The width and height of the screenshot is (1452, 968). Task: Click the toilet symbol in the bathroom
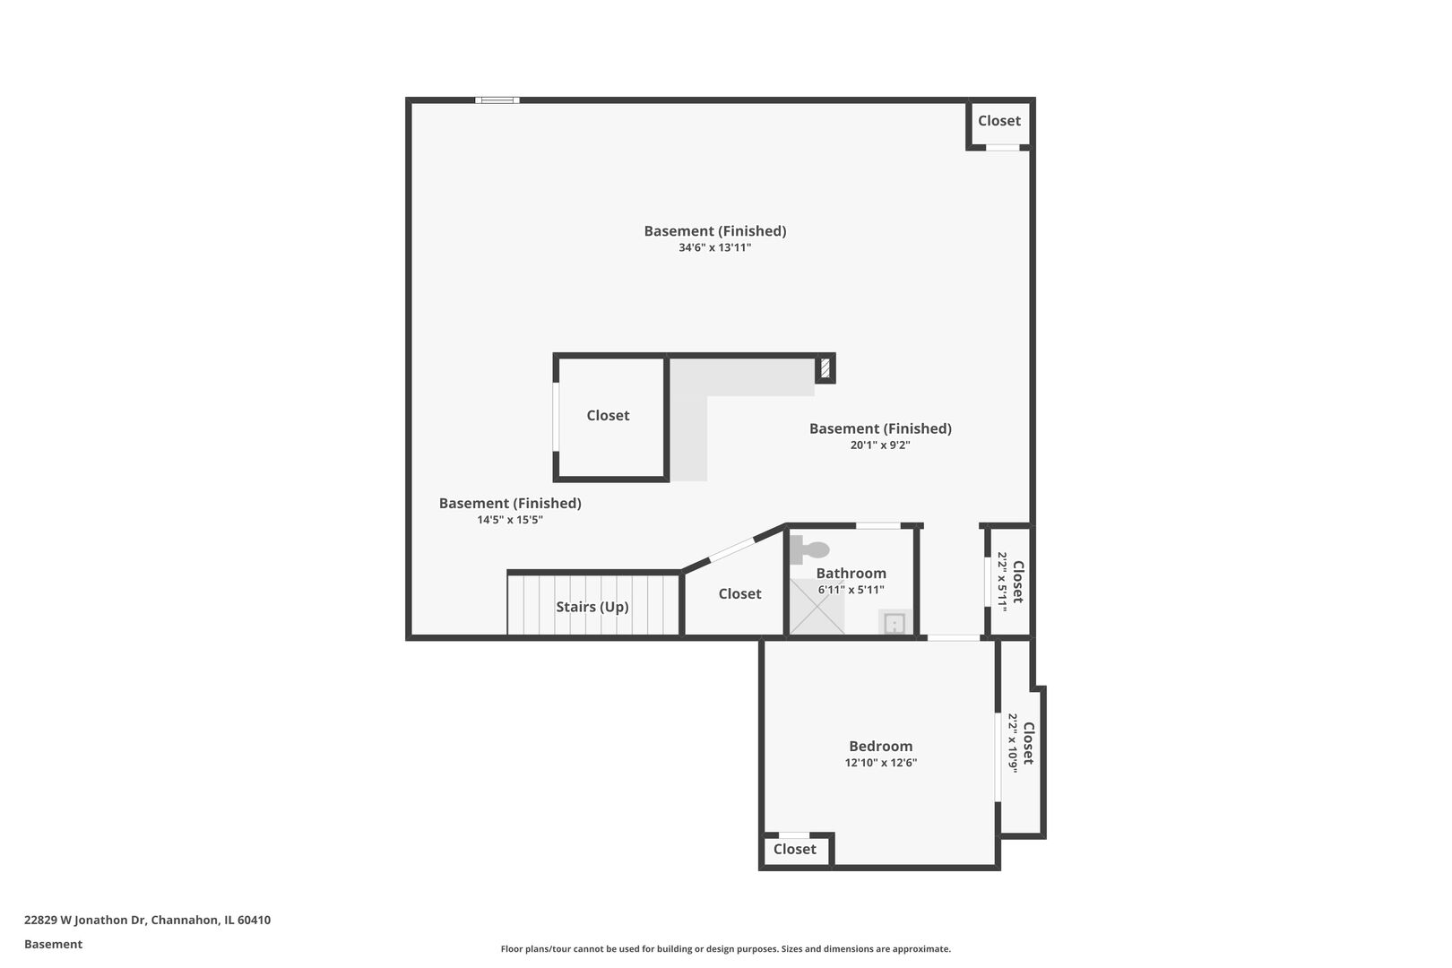pyautogui.click(x=809, y=549)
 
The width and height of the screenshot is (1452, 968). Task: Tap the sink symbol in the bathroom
pyautogui.click(x=895, y=623)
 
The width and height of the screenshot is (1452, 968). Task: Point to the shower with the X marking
pyautogui.click(x=817, y=606)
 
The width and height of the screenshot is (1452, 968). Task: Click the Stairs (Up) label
pyautogui.click(x=592, y=607)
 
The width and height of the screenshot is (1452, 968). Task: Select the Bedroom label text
pyautogui.click(x=881, y=746)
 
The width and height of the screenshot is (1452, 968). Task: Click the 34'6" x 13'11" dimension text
pyautogui.click(x=715, y=247)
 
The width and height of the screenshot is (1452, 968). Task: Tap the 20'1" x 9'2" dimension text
pyautogui.click(x=880, y=445)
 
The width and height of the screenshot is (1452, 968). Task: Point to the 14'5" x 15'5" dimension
pyautogui.click(x=510, y=519)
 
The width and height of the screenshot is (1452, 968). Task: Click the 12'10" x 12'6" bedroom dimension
pyautogui.click(x=881, y=763)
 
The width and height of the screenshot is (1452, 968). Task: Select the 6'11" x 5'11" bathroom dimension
pyautogui.click(x=851, y=590)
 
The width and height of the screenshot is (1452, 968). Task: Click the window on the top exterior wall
pyautogui.click(x=497, y=99)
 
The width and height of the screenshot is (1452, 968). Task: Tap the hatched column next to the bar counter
pyautogui.click(x=825, y=368)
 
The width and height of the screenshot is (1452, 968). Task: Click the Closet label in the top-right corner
pyautogui.click(x=998, y=121)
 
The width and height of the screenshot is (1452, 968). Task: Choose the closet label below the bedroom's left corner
pyautogui.click(x=795, y=849)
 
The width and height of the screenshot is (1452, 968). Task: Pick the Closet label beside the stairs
pyautogui.click(x=739, y=593)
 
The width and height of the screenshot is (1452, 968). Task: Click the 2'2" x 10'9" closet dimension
pyautogui.click(x=1013, y=743)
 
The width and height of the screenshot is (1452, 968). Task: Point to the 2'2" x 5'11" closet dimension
pyautogui.click(x=1002, y=581)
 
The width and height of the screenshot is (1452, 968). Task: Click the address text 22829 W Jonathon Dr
pyautogui.click(x=85, y=920)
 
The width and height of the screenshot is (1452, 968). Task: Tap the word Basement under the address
pyautogui.click(x=53, y=944)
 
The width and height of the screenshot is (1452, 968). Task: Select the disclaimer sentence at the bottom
pyautogui.click(x=725, y=948)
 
